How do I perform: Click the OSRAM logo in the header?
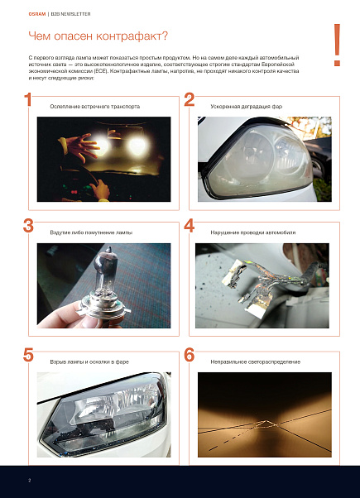point(37,14)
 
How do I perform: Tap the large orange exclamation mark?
point(337,45)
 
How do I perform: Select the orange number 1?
point(28,99)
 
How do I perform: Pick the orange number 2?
point(189,99)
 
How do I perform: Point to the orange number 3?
point(28,226)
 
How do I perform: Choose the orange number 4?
point(189,226)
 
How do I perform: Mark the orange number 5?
point(28,355)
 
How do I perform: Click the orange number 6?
point(189,355)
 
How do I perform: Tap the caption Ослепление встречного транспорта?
point(94,107)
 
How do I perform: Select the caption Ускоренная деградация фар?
point(247,107)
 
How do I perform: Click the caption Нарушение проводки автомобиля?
point(253,232)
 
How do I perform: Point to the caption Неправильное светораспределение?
point(255,362)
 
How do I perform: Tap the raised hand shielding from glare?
point(80,146)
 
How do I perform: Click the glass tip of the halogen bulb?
point(108,250)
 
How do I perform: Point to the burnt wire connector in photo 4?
point(234,272)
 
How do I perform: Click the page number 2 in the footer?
point(30,480)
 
